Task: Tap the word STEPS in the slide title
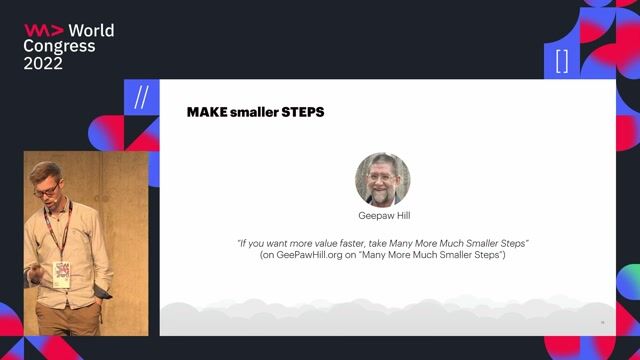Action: point(304,112)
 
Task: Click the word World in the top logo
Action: point(90,30)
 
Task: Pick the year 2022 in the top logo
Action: point(43,63)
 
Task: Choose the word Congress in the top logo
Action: point(60,46)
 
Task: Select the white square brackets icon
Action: point(562,61)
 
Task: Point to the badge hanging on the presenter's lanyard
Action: point(62,273)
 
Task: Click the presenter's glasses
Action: point(44,187)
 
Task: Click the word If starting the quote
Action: point(242,243)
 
